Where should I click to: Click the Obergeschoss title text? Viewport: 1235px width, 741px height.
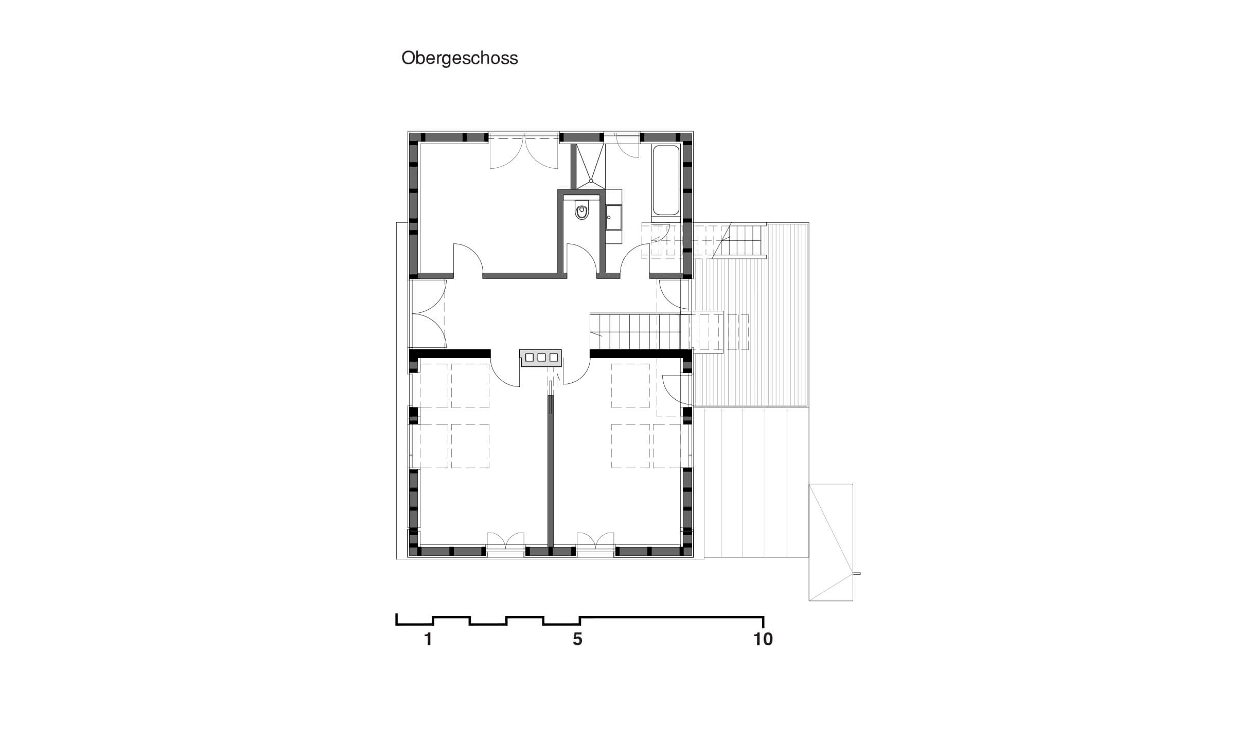pyautogui.click(x=460, y=58)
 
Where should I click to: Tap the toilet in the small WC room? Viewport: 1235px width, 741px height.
pyautogui.click(x=582, y=211)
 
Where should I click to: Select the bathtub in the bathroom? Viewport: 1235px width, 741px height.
pyautogui.click(x=666, y=181)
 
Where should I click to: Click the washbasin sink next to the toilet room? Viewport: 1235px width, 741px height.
pyautogui.click(x=613, y=218)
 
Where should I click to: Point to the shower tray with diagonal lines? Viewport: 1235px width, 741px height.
pyautogui.click(x=591, y=163)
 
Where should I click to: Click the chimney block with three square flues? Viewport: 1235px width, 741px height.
pyautogui.click(x=541, y=358)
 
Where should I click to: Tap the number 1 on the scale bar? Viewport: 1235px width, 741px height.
pyautogui.click(x=428, y=640)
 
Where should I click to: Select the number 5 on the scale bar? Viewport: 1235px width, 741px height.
pyautogui.click(x=577, y=640)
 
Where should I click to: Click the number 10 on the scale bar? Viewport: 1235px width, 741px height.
pyautogui.click(x=763, y=640)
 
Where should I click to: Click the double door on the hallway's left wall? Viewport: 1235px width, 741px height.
pyautogui.click(x=428, y=313)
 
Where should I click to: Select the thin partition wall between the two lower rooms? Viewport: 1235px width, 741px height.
pyautogui.click(x=550, y=471)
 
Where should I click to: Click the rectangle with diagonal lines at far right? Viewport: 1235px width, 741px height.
pyautogui.click(x=831, y=542)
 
